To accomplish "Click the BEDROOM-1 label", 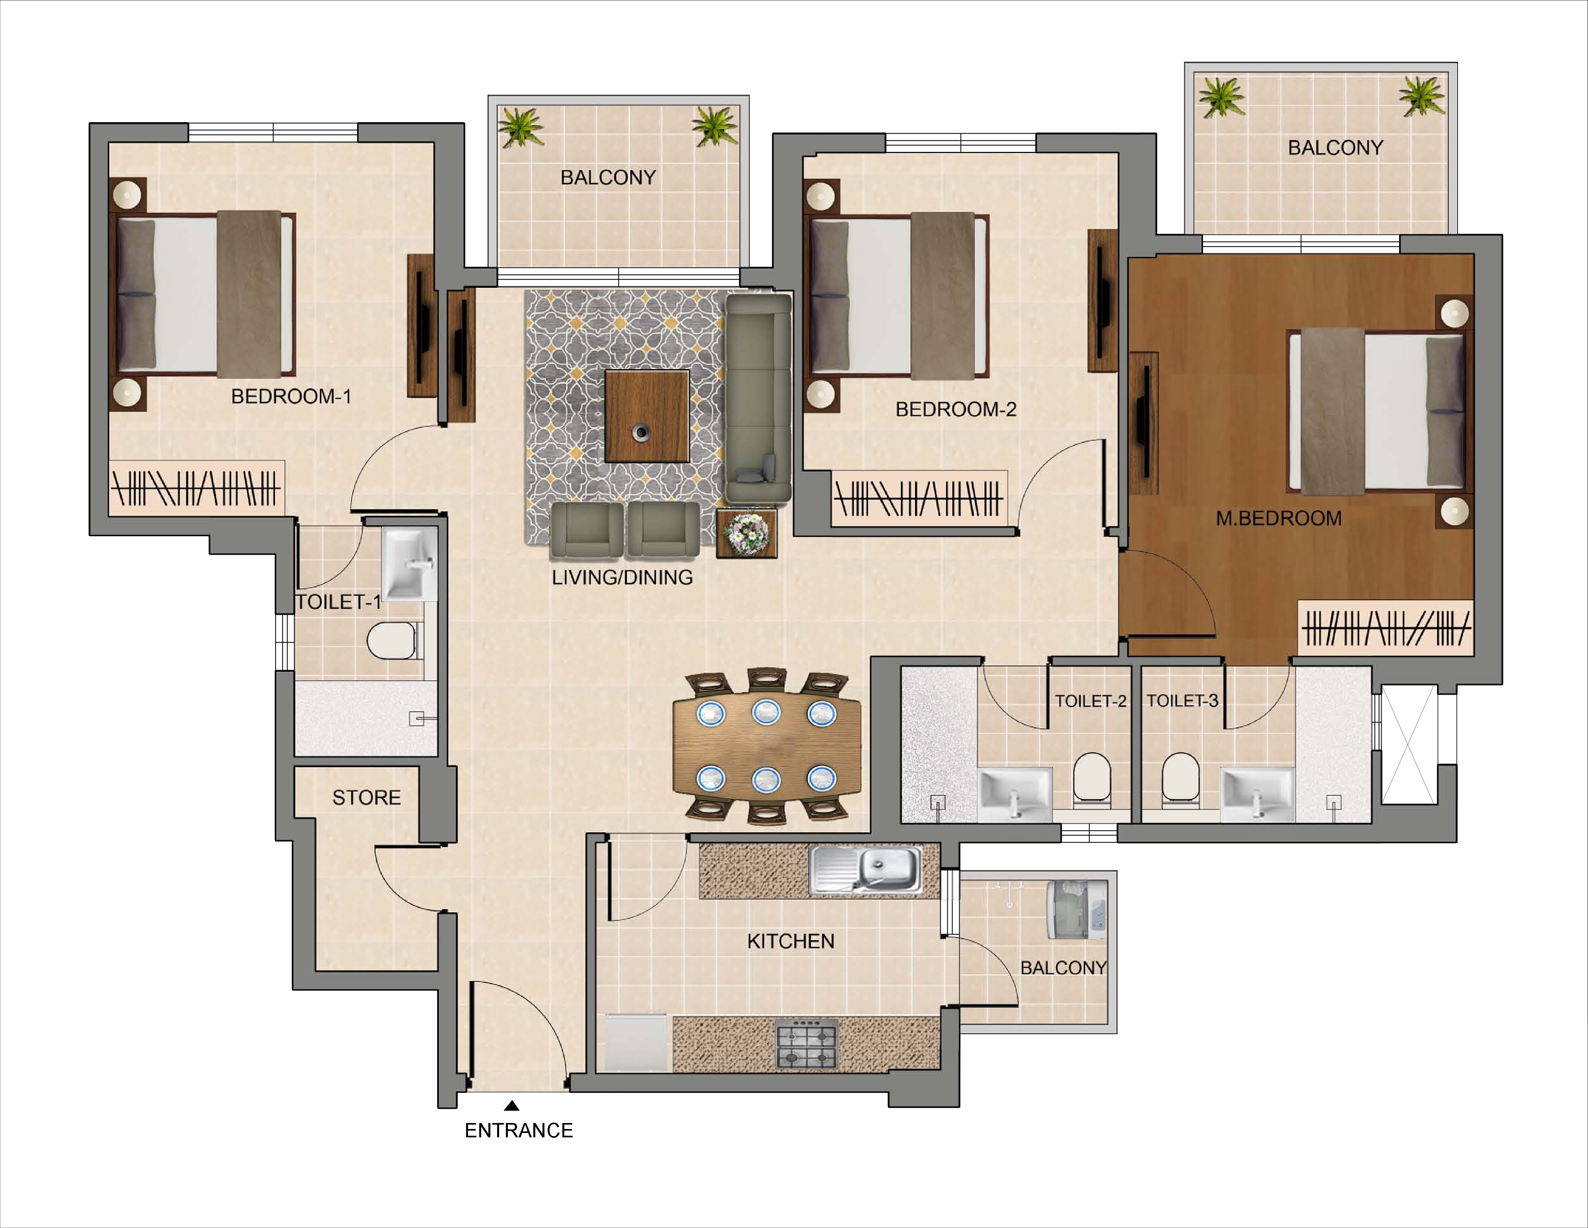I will (291, 396).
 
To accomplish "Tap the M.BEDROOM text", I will (1278, 519).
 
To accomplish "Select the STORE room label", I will (366, 798).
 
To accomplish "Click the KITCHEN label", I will (790, 942).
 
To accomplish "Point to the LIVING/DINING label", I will (622, 577).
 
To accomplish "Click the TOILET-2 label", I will (1090, 701).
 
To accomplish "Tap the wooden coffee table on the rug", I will (646, 416).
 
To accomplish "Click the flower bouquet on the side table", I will (747, 534).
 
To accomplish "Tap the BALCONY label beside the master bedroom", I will (1335, 148).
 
